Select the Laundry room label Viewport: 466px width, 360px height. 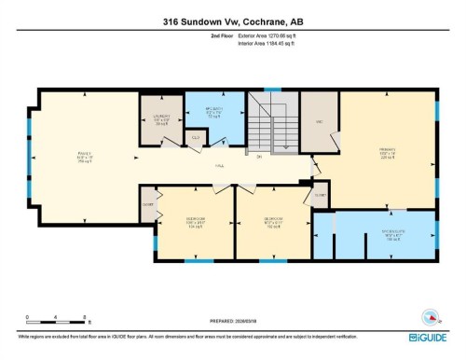160,119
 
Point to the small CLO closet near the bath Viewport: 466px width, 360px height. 196,137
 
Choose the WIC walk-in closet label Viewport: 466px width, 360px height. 319,121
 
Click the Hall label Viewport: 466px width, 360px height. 220,166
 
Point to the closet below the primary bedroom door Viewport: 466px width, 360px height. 320,195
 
